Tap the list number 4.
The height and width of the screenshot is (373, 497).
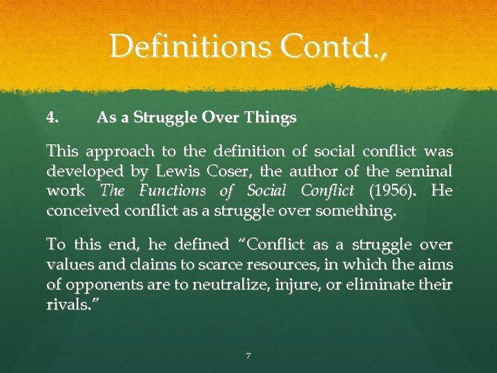click(51, 118)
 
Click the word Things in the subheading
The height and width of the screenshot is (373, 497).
click(271, 118)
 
